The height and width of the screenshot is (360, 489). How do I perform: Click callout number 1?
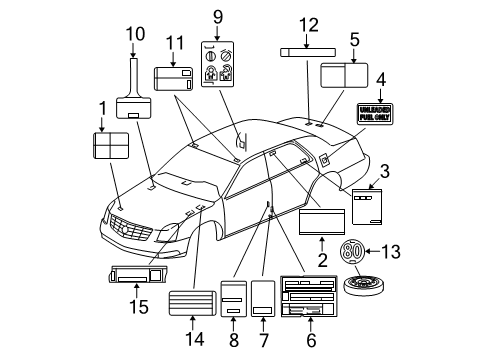point(101,108)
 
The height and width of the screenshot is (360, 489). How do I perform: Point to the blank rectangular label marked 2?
point(322,220)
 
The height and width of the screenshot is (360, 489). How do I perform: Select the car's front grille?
point(132,235)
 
